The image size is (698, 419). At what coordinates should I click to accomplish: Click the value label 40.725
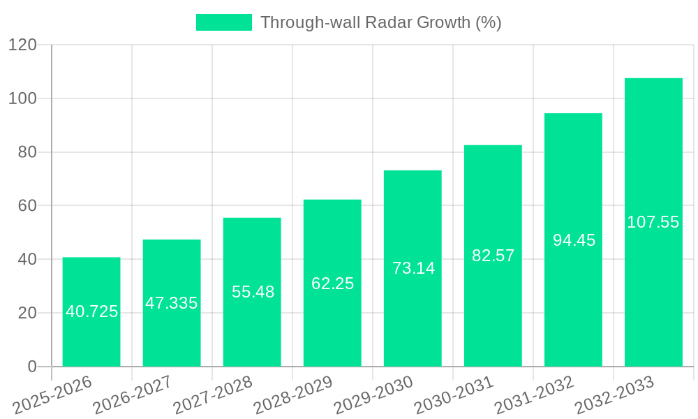click(91, 311)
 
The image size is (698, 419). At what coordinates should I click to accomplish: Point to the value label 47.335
click(172, 303)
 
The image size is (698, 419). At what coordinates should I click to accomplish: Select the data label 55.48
click(253, 292)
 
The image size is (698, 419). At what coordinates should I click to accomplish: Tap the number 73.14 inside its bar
click(413, 267)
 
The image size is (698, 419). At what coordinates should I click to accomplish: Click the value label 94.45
click(574, 240)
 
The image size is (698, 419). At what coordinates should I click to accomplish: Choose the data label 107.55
click(653, 222)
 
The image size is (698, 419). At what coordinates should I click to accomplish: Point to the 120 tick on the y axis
click(22, 45)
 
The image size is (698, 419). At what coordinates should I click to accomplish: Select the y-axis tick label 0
click(31, 367)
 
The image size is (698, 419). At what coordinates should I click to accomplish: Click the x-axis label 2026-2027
click(133, 395)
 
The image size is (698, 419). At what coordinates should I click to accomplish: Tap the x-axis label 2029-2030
click(373, 395)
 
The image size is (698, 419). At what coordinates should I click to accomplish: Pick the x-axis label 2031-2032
click(534, 395)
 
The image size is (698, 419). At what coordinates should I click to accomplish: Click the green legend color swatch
click(223, 22)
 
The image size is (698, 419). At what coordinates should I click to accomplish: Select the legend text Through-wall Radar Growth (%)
click(380, 22)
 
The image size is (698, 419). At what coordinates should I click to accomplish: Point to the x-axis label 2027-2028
click(213, 395)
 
